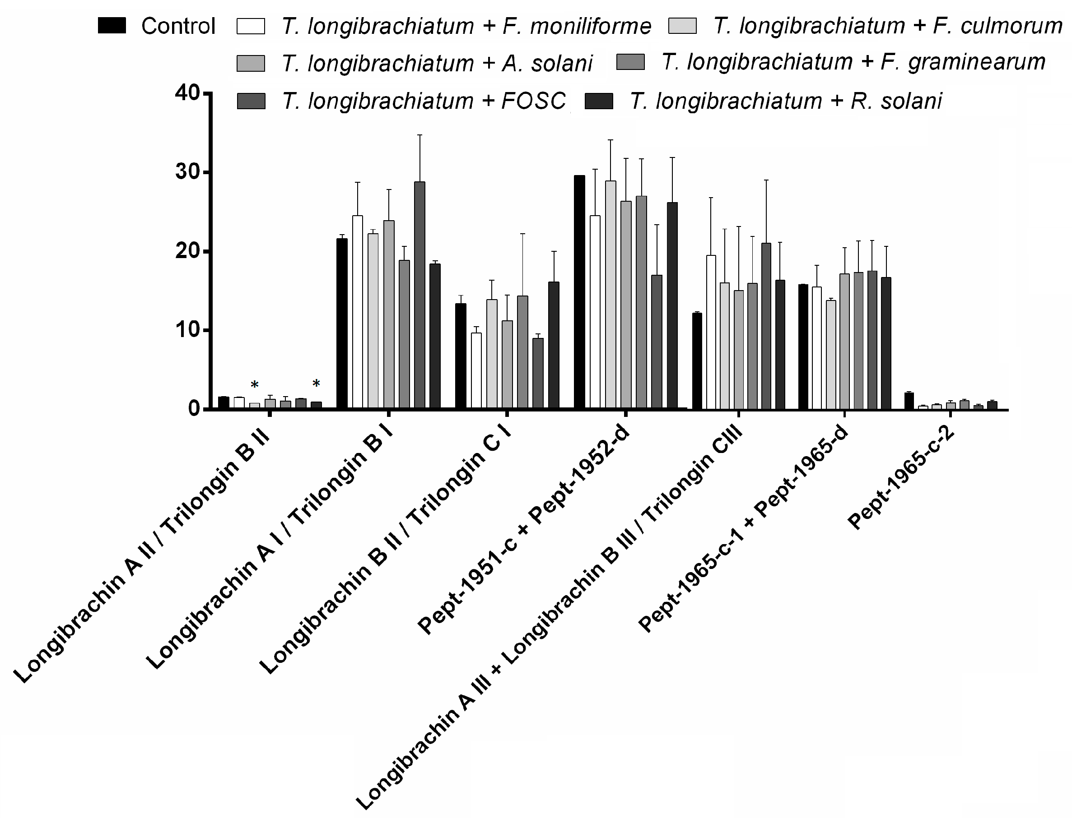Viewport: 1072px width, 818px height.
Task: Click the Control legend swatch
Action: pyautogui.click(x=112, y=26)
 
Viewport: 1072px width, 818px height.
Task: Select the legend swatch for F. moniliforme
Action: pyautogui.click(x=251, y=26)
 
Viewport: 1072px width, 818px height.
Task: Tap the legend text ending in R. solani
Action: pyautogui.click(x=785, y=101)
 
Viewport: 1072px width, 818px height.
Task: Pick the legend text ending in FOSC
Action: pyautogui.click(x=424, y=101)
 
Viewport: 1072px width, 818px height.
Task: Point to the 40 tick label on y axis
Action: pyautogui.click(x=187, y=93)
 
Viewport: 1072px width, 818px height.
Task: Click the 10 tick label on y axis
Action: pyautogui.click(x=187, y=331)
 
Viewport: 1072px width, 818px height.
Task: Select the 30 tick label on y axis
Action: pyautogui.click(x=187, y=172)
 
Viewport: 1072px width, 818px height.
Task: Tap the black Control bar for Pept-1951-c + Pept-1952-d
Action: pyautogui.click(x=579, y=292)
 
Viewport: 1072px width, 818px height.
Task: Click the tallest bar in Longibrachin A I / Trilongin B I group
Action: pyautogui.click(x=419, y=295)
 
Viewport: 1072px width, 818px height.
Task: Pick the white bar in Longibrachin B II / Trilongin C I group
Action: pyautogui.click(x=476, y=370)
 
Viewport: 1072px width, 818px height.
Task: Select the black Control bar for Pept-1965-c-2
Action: pyautogui.click(x=909, y=401)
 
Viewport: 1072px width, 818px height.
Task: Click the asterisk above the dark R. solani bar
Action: pyautogui.click(x=316, y=384)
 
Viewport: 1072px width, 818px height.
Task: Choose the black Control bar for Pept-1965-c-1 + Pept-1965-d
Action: pyautogui.click(x=803, y=347)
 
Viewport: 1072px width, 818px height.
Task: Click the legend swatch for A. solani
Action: pyautogui.click(x=251, y=64)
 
